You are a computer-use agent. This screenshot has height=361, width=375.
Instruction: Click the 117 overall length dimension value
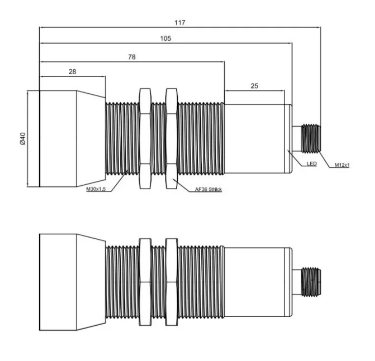click(180, 23)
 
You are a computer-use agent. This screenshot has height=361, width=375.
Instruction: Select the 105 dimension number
click(165, 38)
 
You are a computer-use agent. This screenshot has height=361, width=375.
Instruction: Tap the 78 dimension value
click(132, 57)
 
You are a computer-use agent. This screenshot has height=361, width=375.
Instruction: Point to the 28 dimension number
click(73, 72)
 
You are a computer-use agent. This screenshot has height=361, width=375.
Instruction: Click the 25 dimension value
click(254, 86)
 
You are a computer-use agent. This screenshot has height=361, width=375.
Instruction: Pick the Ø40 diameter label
click(23, 139)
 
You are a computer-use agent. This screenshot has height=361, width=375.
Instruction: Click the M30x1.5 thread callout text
click(96, 189)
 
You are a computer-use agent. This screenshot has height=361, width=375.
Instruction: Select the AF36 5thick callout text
click(208, 189)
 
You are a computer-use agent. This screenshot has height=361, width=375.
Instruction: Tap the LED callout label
click(312, 164)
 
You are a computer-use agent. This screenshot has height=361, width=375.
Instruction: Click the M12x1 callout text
click(342, 165)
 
